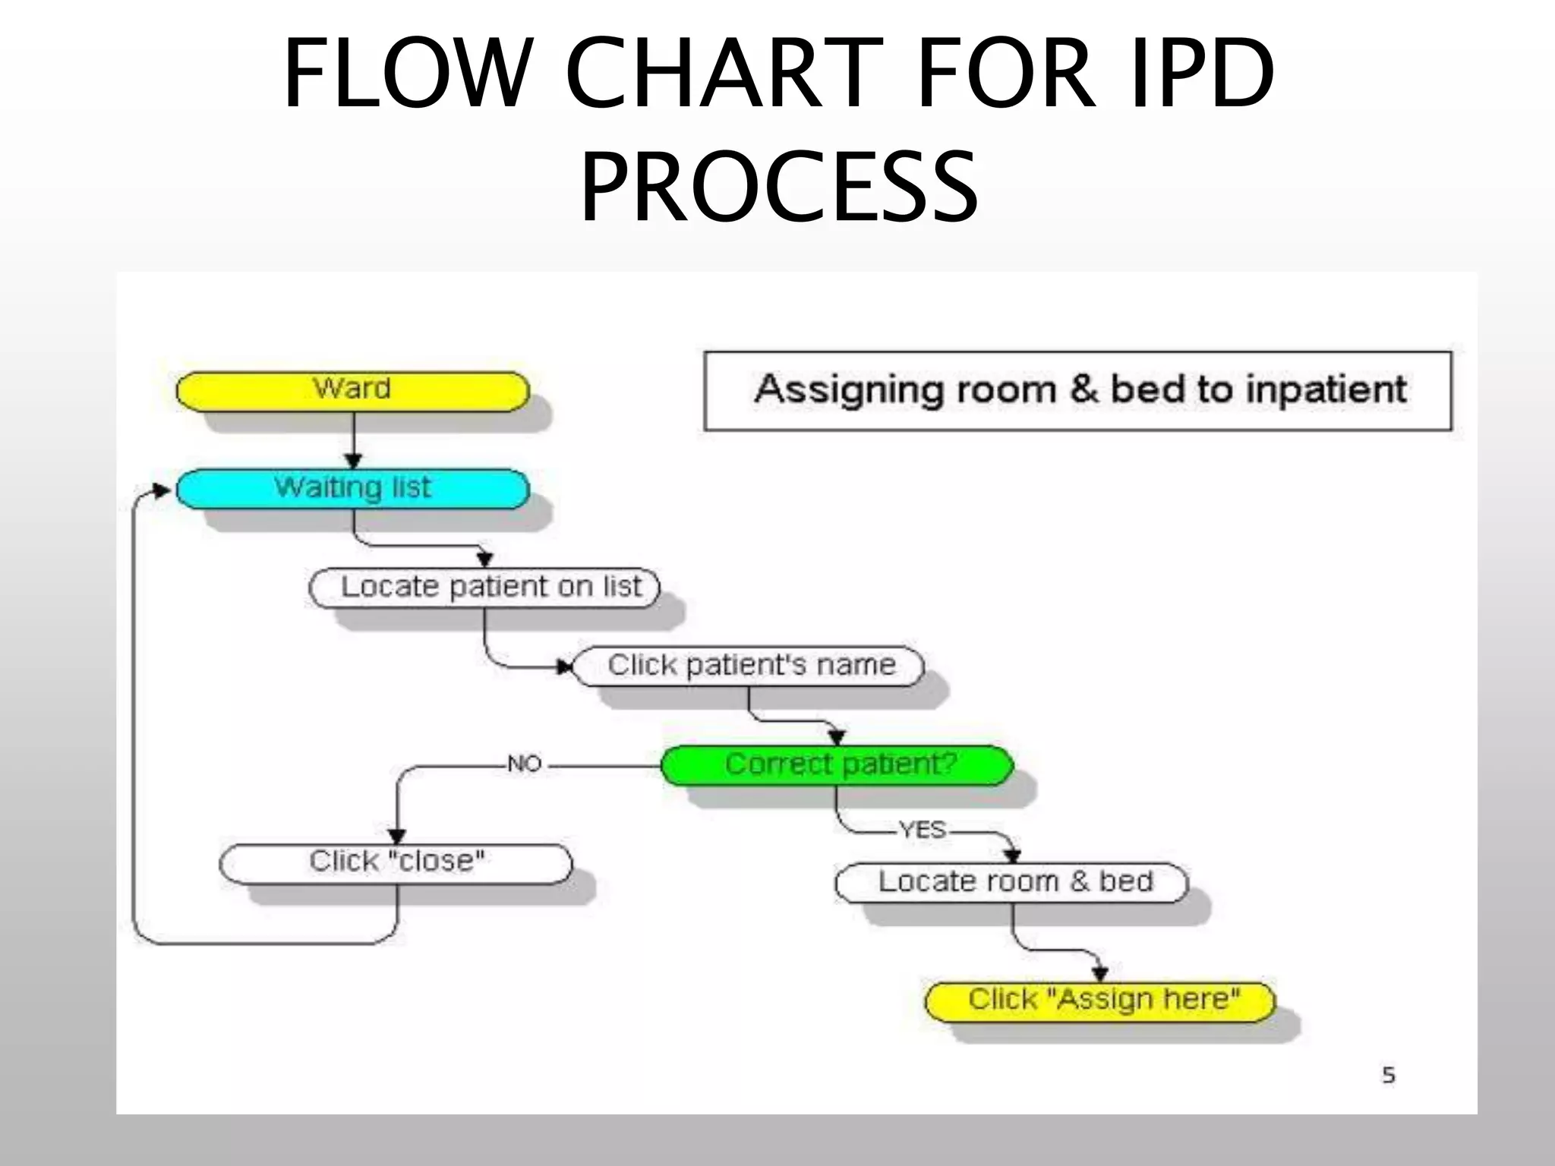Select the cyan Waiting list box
tap(352, 489)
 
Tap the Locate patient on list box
tap(484, 588)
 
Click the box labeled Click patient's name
tap(749, 666)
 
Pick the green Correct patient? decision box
tap(837, 764)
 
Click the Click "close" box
tap(396, 863)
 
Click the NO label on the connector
tap(524, 764)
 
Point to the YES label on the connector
tap(923, 830)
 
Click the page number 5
tap(1388, 1075)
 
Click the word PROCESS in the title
tap(779, 187)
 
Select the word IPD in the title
tap(1201, 74)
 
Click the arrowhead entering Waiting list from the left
tap(162, 490)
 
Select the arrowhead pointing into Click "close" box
tap(397, 836)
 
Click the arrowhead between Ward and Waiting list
tap(354, 461)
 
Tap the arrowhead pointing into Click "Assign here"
tap(1099, 974)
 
